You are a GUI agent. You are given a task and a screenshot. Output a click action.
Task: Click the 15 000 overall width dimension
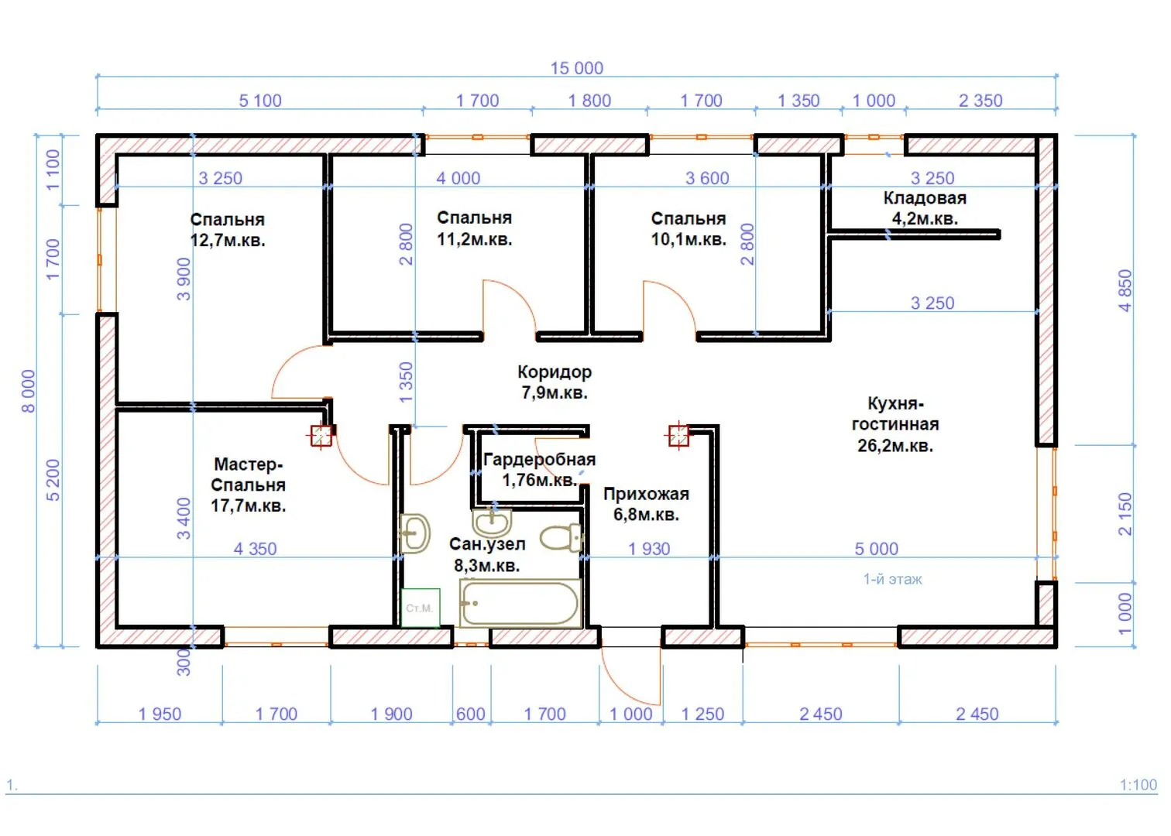coord(577,68)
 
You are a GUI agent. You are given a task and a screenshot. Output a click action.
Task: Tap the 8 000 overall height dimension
coord(29,391)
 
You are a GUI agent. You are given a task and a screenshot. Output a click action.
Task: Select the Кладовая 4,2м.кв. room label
coord(925,208)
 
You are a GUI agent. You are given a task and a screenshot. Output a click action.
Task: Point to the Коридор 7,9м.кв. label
coord(555,382)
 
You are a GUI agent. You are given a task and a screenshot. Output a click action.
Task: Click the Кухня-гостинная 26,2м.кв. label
coord(895,424)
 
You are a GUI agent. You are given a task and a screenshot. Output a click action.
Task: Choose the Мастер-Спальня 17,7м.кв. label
coord(249,485)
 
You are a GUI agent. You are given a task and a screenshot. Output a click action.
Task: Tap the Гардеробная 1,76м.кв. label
coord(539,470)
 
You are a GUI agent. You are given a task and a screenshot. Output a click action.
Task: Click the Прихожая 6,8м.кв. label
coord(646,504)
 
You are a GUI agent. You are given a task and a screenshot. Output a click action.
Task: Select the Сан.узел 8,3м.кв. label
coord(487,555)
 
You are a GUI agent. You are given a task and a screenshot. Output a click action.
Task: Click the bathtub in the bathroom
coord(520,604)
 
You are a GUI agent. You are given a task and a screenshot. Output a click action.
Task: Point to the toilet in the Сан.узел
coord(561,538)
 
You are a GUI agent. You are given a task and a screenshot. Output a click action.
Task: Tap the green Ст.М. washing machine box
coord(421,608)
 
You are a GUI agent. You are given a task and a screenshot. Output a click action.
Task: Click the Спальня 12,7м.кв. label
coord(228,230)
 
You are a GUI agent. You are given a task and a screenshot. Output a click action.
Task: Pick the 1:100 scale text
coord(1138,785)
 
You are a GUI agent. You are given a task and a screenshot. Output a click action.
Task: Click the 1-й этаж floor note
coord(892,579)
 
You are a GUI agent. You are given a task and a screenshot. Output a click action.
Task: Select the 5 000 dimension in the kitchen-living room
coord(876,549)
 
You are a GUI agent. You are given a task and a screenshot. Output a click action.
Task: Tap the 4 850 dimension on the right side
coord(1125,290)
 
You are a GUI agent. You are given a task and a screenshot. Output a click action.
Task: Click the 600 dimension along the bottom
coord(471,714)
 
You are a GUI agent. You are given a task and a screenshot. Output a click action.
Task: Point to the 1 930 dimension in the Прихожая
coord(649,549)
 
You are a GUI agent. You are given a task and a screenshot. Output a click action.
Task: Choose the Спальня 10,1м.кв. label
coord(689,229)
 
